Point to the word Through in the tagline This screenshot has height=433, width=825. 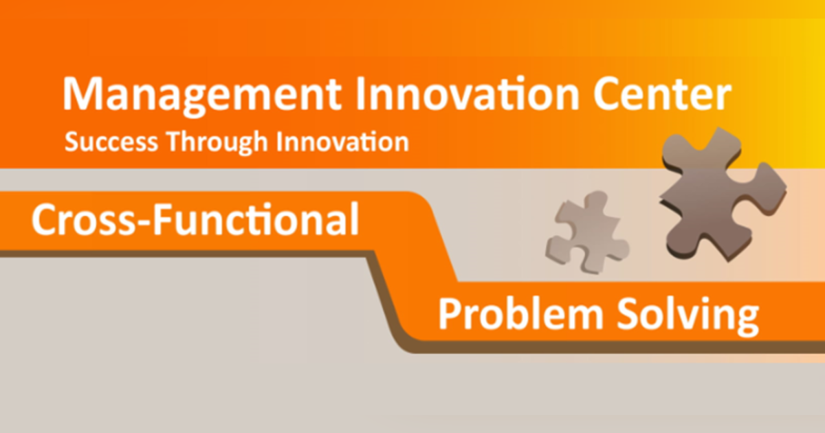[x=219, y=142]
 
